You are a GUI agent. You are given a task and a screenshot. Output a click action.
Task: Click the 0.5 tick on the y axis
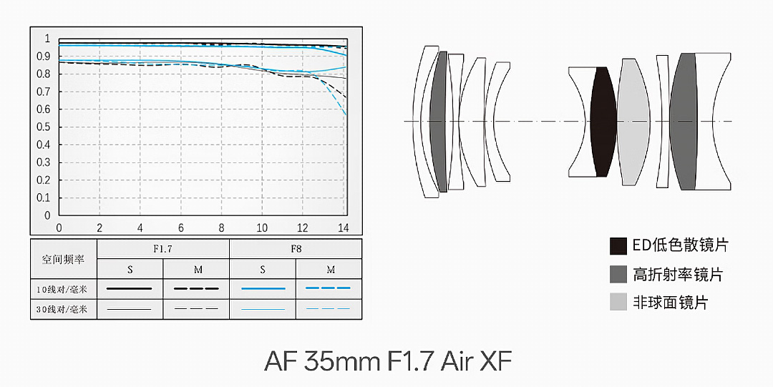click(44, 127)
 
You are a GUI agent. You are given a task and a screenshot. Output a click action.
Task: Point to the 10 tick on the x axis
click(262, 227)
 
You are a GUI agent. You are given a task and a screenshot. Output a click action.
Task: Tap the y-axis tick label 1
click(47, 39)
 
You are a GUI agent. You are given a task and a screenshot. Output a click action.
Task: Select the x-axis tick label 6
click(181, 227)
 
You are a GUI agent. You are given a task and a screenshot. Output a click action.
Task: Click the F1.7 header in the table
click(162, 249)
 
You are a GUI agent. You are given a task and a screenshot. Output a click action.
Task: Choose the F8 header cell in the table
click(296, 249)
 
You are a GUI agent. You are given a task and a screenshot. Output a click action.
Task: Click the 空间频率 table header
click(63, 260)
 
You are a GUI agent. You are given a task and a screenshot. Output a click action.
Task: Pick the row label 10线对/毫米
click(62, 290)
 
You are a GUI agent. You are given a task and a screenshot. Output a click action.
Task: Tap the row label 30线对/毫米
click(62, 310)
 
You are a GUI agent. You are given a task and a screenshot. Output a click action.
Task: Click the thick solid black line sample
click(130, 288)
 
